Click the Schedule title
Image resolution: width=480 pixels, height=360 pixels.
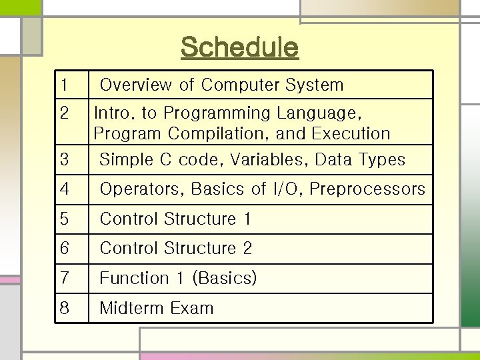coord(239,47)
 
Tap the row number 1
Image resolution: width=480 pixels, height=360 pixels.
coord(63,85)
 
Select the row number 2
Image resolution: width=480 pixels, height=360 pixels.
coord(63,112)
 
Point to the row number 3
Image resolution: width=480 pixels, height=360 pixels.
coord(64,160)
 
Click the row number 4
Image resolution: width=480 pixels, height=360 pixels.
coord(64,189)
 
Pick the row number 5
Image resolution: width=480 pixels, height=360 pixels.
coord(64,219)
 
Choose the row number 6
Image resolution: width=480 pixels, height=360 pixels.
coord(64,249)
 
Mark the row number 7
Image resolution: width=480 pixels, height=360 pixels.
coord(64,278)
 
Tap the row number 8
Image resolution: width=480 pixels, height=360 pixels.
coord(64,308)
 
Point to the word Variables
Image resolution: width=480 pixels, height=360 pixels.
coord(271,160)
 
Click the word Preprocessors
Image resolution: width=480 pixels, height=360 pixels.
coord(367,189)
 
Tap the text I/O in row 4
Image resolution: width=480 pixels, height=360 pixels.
coord(287,189)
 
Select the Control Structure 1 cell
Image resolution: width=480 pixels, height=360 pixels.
coord(176,219)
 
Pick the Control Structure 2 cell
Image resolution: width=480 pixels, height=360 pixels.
coord(176,249)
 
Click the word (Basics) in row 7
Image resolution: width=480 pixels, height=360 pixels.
coord(224,278)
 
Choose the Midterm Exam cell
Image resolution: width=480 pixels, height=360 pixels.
coord(157,308)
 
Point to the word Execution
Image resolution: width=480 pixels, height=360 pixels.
coord(351,133)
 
